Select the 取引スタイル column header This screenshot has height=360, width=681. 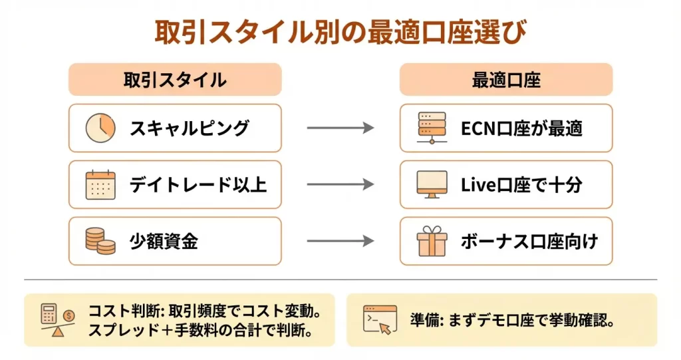(175, 80)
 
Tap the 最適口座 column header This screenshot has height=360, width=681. (505, 80)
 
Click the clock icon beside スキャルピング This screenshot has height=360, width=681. (100, 128)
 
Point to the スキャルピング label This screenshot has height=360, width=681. (190, 128)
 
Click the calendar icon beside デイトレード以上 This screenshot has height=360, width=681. (100, 185)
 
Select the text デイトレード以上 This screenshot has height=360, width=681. (198, 185)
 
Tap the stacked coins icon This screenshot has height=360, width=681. (100, 241)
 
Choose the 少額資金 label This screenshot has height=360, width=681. (164, 242)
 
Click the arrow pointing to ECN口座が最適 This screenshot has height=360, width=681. (340, 128)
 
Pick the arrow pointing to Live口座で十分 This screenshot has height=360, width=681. (340, 185)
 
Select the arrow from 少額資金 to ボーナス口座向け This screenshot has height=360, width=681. (340, 242)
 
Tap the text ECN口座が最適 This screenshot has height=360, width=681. (521, 128)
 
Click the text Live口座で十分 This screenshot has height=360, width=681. (521, 185)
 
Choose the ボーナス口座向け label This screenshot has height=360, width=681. (529, 242)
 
